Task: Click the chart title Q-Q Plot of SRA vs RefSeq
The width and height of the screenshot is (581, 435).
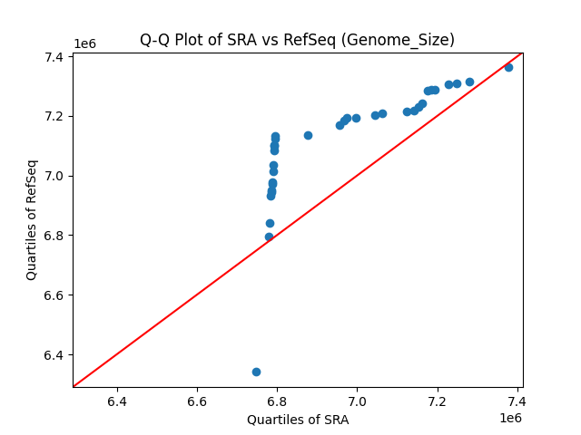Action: [x=297, y=40]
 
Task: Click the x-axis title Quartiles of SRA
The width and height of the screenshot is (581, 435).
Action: [x=297, y=420]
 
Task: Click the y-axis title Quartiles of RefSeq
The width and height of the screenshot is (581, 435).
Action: [x=32, y=219]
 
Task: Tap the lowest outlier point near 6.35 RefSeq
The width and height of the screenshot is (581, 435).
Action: [x=256, y=372]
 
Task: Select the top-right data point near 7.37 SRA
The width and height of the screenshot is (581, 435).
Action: [x=508, y=67]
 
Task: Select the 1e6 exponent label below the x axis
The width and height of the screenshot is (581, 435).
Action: [x=510, y=418]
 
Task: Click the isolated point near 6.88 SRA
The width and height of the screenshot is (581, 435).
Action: [x=308, y=135]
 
